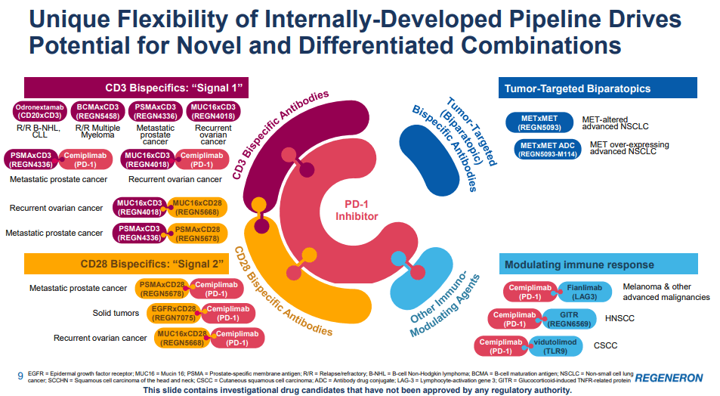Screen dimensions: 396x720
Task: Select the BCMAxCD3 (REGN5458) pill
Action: pos(96,112)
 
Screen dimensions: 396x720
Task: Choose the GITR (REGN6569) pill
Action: pos(569,318)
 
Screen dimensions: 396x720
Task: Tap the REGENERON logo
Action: pos(669,377)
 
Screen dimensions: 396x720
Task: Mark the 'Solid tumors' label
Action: pos(116,313)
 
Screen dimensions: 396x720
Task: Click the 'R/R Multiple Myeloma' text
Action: pos(96,134)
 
